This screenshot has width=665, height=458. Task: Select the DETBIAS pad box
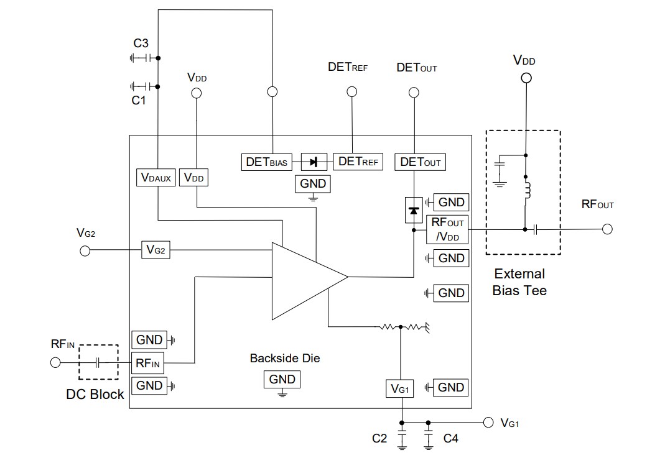(266, 162)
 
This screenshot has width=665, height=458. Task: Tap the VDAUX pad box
(156, 178)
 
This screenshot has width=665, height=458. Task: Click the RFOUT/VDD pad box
(447, 229)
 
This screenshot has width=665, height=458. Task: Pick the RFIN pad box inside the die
(148, 363)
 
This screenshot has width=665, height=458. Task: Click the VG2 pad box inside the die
(156, 250)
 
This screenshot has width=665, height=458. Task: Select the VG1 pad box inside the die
(400, 389)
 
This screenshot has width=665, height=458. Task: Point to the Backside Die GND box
(282, 379)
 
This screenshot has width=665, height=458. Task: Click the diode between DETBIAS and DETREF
(314, 162)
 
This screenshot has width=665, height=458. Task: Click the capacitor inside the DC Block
(98, 362)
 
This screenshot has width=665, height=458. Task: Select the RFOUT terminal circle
(607, 229)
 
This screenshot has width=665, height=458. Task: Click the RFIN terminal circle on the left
(55, 362)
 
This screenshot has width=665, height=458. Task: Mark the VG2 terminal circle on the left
(85, 250)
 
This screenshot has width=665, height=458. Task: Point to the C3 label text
(141, 44)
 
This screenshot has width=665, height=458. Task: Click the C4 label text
(451, 439)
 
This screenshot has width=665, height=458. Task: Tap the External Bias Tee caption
(519, 282)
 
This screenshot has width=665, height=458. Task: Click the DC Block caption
(95, 394)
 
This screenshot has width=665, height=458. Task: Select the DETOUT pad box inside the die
(421, 162)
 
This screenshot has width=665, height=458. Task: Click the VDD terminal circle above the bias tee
(526, 78)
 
